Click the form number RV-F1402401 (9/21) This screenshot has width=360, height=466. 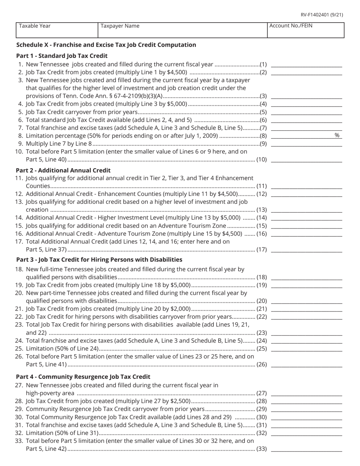click(x=322, y=15)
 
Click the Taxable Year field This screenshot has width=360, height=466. click(x=57, y=30)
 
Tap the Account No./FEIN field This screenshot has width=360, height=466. click(x=305, y=30)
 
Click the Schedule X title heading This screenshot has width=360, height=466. click(x=106, y=45)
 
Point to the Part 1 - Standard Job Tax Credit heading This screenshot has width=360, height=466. click(x=62, y=56)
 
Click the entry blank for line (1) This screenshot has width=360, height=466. click(x=307, y=64)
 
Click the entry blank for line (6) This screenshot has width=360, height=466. click(x=307, y=120)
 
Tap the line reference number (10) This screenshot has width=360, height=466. click(x=262, y=160)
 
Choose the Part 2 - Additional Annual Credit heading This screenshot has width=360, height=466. click(x=63, y=170)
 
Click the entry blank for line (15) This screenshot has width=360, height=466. click(x=307, y=225)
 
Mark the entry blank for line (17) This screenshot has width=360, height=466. click(x=307, y=249)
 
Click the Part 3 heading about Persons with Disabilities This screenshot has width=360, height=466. click(x=99, y=260)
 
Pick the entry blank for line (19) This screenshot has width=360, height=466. click(x=307, y=285)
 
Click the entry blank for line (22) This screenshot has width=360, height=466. click(x=307, y=316)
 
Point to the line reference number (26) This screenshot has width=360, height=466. click(x=262, y=364)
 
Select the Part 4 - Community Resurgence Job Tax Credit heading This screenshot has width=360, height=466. click(x=83, y=377)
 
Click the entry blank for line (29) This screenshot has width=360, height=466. click(x=307, y=409)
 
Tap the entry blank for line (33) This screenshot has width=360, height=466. click(x=307, y=449)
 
